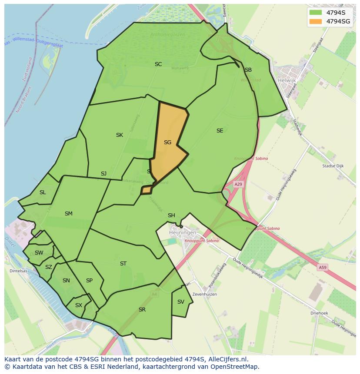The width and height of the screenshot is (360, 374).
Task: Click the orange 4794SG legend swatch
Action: click(316, 21)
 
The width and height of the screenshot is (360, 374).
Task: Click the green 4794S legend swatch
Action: click(316, 12)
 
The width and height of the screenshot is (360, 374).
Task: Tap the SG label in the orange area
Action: click(167, 142)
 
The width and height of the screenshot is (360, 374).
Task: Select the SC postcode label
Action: click(158, 64)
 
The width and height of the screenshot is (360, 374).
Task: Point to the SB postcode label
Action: click(248, 70)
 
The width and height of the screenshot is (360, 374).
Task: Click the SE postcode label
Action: click(220, 130)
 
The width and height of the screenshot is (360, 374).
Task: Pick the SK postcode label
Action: click(119, 135)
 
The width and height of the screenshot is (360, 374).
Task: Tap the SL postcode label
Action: click(43, 192)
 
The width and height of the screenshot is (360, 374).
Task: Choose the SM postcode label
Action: click(68, 213)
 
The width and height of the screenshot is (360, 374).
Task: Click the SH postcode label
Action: click(171, 215)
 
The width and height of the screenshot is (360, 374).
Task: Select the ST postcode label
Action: click(123, 263)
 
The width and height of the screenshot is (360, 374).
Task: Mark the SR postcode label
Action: click(142, 309)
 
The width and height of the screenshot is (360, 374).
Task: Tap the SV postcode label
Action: click(181, 301)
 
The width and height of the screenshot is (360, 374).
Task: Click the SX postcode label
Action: click(78, 305)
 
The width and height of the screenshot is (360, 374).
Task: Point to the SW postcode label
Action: click(39, 252)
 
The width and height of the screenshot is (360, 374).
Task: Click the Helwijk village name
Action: click(286, 80)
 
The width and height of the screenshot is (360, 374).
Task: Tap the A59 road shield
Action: click(322, 268)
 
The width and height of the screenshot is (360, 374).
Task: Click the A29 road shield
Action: click(238, 184)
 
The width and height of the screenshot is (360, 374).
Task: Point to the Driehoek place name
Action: click(319, 313)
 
